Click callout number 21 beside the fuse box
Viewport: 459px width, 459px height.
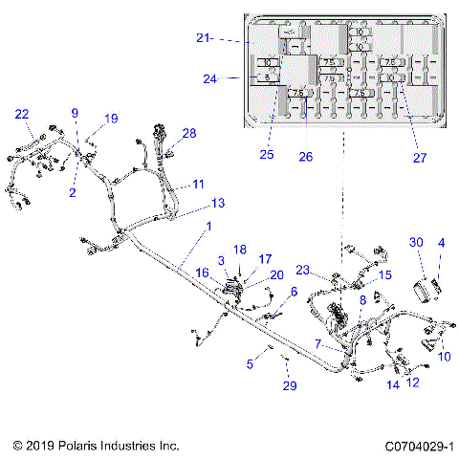click(x=203, y=39)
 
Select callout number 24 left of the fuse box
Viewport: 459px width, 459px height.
click(x=209, y=79)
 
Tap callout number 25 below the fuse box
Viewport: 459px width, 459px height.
click(x=267, y=154)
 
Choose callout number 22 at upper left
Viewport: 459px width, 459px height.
click(x=22, y=115)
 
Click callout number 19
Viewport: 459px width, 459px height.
click(x=112, y=119)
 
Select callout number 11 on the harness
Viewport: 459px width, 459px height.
click(x=198, y=184)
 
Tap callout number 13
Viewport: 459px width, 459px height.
click(x=219, y=204)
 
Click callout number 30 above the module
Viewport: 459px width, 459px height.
click(x=416, y=242)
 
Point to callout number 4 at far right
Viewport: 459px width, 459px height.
click(x=441, y=243)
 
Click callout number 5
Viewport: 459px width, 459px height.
click(x=250, y=363)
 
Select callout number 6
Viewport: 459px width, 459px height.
click(x=294, y=292)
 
